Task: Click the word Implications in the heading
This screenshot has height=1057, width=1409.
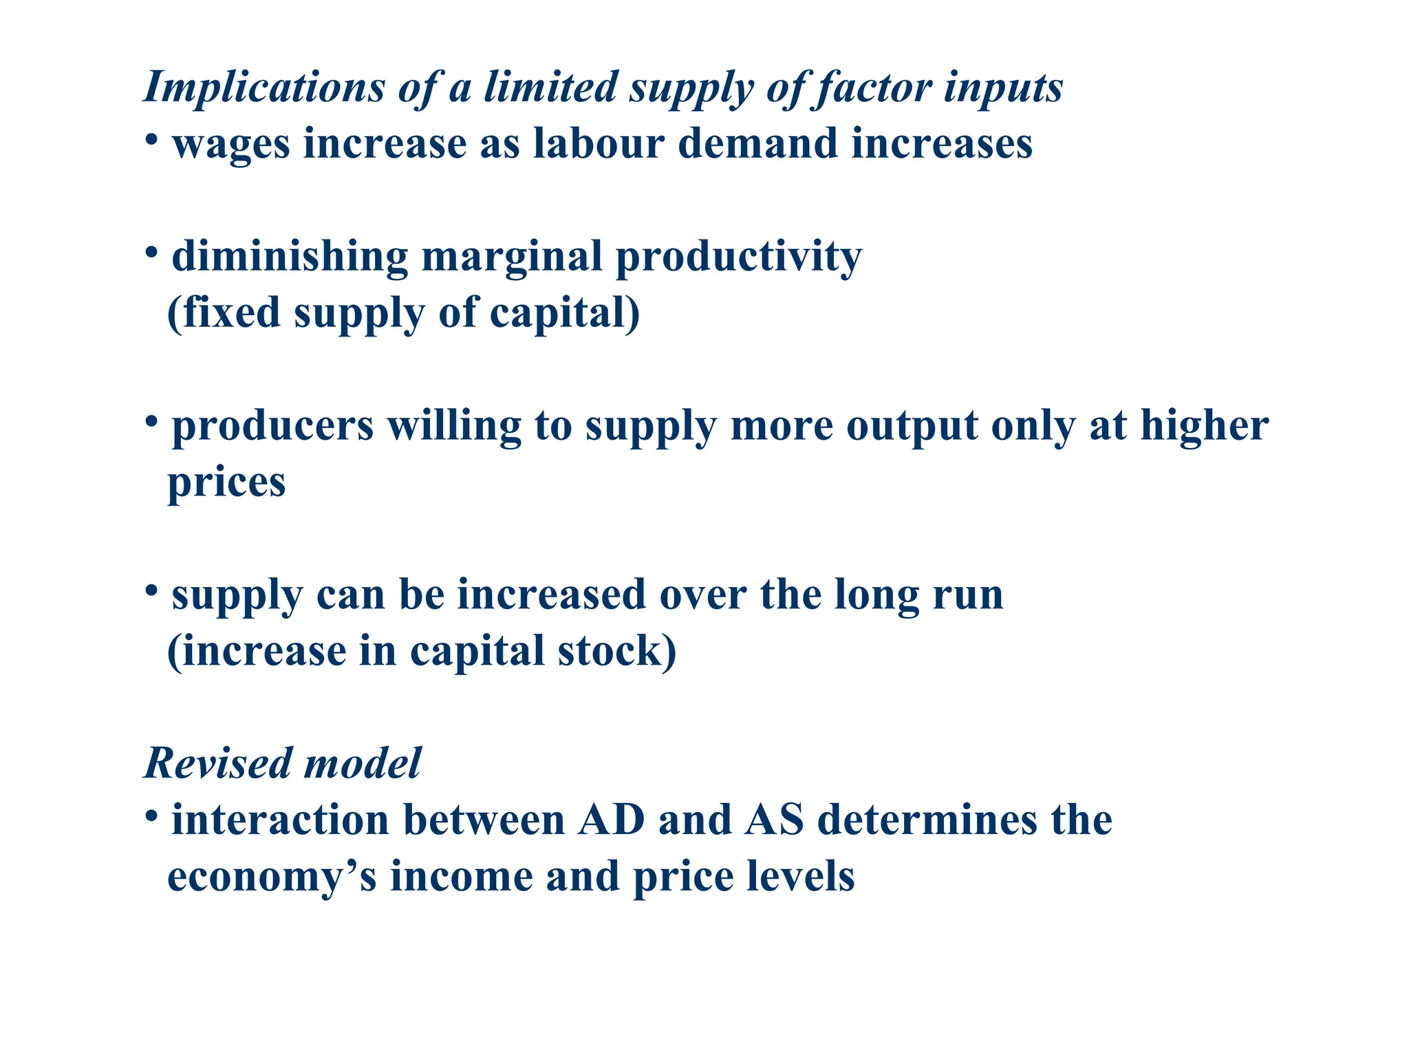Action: [263, 88]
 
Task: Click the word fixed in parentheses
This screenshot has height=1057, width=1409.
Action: [231, 313]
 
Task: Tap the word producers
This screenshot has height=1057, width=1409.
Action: [272, 427]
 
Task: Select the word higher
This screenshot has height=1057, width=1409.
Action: [1205, 427]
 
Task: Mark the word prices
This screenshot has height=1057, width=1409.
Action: [226, 483]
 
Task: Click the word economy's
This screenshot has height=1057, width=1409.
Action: [272, 877]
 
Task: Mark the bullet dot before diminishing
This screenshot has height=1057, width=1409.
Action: [152, 253]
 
